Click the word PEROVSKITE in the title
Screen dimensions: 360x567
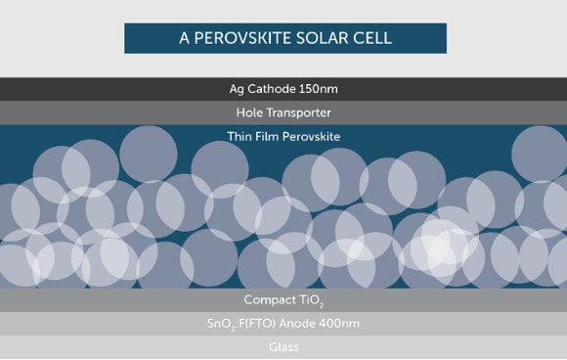coord(242,38)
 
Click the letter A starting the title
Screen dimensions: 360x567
coord(183,38)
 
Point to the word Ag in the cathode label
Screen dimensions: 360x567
coord(237,89)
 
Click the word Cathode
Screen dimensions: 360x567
coord(276,89)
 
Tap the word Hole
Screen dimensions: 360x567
coord(252,112)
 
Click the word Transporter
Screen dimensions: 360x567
coord(303,112)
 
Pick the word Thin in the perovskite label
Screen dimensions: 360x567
coord(240,136)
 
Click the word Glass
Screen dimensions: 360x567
coord(283,347)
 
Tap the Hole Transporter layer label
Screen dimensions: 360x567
coord(283,112)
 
